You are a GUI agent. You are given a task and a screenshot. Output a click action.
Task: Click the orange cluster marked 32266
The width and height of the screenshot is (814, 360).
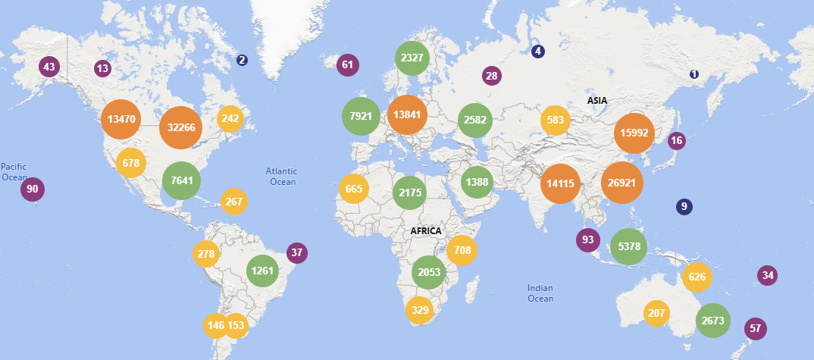point(182,127)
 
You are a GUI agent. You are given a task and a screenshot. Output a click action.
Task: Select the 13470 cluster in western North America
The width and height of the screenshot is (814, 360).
point(121,119)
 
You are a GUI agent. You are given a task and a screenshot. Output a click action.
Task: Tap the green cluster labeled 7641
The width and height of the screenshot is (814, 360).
point(183,181)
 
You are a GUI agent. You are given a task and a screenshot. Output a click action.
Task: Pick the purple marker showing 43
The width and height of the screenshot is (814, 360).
point(49,67)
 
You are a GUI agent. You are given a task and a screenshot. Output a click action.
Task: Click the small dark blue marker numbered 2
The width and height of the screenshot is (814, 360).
point(242,60)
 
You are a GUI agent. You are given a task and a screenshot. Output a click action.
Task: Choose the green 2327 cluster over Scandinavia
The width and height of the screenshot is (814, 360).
point(413,58)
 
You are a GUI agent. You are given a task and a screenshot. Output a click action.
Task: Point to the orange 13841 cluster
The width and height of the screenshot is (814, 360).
point(407,114)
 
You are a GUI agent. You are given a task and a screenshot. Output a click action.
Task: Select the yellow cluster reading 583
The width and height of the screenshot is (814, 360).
point(556,121)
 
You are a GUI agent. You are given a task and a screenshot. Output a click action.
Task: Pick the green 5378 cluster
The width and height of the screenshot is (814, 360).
point(629,246)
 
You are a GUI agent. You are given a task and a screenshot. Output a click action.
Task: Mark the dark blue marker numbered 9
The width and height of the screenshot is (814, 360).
point(684,206)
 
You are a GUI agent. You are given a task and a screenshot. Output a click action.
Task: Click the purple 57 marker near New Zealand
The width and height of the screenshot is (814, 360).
point(755,328)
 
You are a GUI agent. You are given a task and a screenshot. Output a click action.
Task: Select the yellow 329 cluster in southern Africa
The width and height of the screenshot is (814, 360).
point(420,310)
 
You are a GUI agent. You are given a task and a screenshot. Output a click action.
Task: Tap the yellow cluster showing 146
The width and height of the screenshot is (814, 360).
point(216,326)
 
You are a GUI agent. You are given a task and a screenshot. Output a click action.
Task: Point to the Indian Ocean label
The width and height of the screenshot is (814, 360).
point(540,293)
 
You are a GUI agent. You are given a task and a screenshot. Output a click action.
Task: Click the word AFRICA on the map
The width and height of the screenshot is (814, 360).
point(426,230)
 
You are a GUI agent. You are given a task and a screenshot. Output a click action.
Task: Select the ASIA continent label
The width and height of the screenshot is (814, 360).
point(597,100)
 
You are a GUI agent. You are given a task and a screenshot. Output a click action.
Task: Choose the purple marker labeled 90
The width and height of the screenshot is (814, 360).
point(33,189)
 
